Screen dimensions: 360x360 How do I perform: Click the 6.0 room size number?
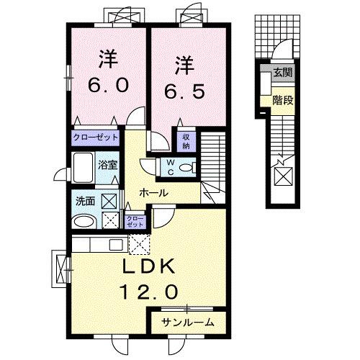tap(109, 85)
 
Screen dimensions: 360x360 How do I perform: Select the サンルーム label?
tap(187, 322)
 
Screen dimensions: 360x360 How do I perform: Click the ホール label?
tap(155, 193)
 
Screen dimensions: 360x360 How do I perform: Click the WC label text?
tap(171, 168)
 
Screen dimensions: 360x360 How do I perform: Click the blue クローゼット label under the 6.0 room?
tap(96, 136)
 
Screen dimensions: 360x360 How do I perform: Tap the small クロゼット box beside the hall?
tap(135, 220)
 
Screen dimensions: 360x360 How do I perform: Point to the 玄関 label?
tap(282, 73)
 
